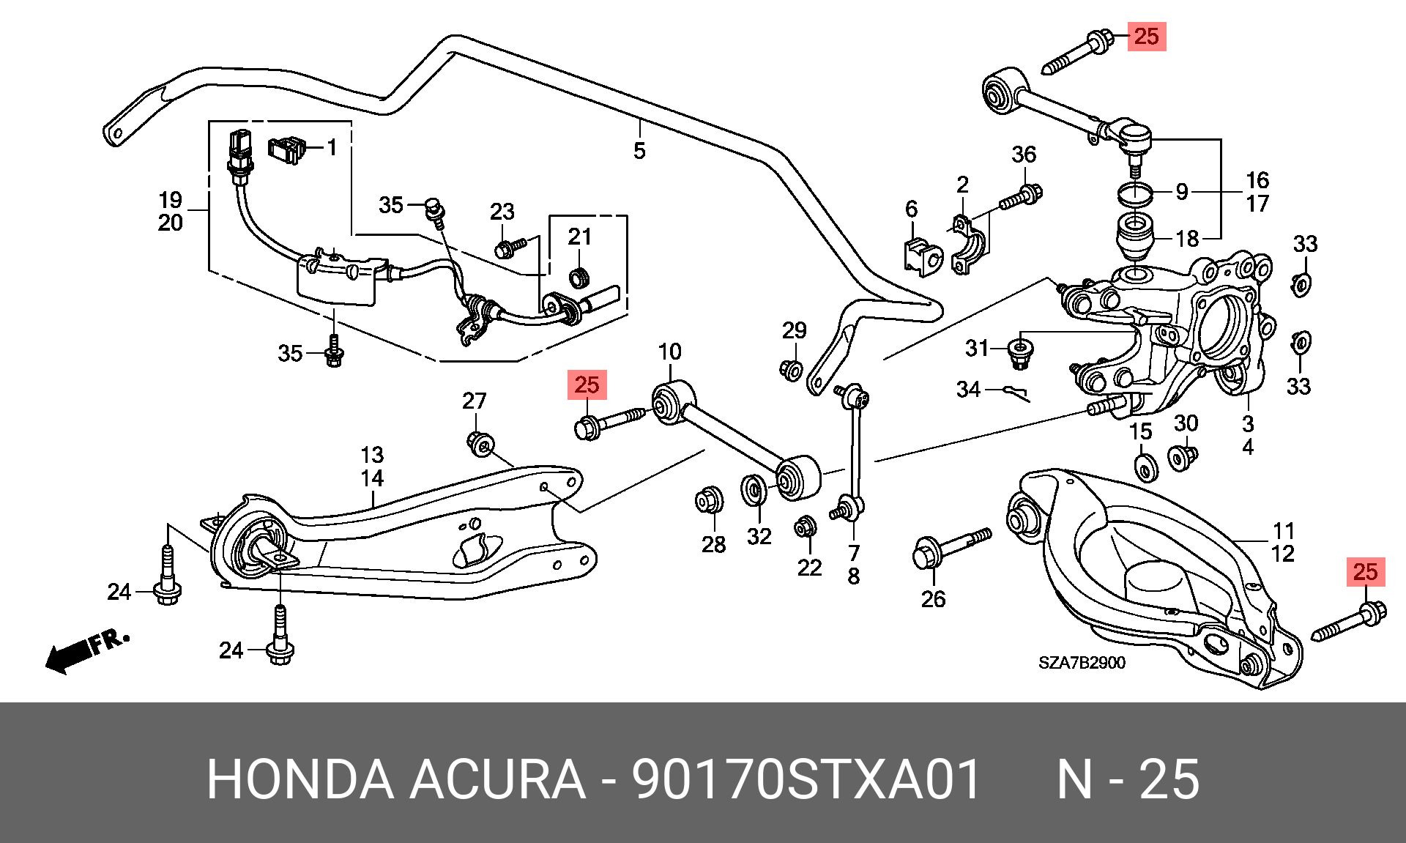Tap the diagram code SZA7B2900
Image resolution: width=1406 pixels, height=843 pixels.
pyautogui.click(x=1082, y=663)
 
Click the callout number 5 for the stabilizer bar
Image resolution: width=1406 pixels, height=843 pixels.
pyautogui.click(x=639, y=151)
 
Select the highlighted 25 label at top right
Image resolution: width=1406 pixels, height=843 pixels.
pyautogui.click(x=1146, y=36)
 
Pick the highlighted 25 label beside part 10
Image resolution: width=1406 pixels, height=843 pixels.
pyautogui.click(x=587, y=385)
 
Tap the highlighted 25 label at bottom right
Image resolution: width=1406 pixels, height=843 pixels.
pyautogui.click(x=1366, y=572)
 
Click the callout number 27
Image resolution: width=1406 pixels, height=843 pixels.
pyautogui.click(x=474, y=401)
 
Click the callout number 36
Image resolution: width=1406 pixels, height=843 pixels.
pyautogui.click(x=1024, y=155)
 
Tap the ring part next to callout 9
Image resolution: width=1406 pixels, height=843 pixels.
pyautogui.click(x=1135, y=194)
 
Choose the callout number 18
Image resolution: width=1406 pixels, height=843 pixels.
pyautogui.click(x=1187, y=239)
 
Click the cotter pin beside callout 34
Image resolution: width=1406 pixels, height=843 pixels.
pyautogui.click(x=1016, y=393)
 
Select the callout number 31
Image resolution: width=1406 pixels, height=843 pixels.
pyautogui.click(x=977, y=348)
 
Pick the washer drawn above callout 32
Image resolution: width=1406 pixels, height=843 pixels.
pyautogui.click(x=754, y=489)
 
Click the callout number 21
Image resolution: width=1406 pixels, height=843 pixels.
pyautogui.click(x=580, y=237)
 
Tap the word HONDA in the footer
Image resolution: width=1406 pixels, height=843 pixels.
pyautogui.click(x=300, y=779)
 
